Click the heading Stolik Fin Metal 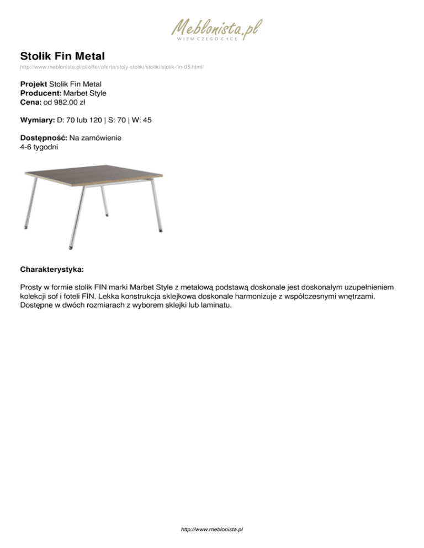coord(62,56)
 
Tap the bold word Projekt coord(33,84)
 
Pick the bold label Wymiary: coord(37,120)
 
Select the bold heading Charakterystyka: coord(52,271)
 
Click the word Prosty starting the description coord(31,288)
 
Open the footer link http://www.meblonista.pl coord(212,529)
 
